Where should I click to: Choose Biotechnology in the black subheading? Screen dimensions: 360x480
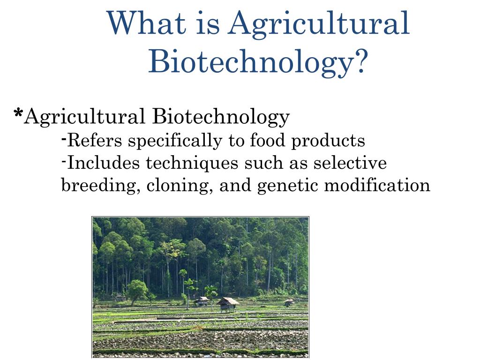click(221, 117)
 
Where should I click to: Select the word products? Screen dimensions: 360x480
click(328, 141)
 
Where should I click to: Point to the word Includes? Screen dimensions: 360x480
click(103, 163)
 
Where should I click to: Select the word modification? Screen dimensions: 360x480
click(377, 186)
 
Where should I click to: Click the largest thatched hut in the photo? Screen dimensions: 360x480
click(228, 303)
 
